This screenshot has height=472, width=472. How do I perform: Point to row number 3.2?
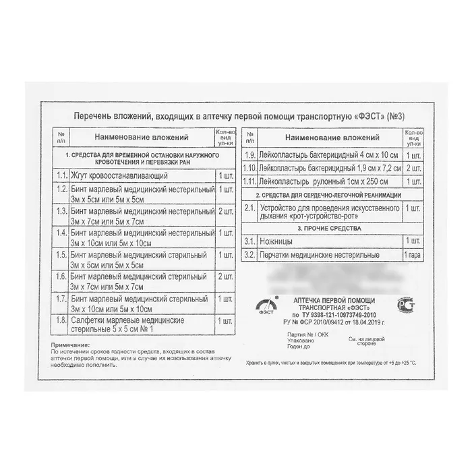[x=249, y=256]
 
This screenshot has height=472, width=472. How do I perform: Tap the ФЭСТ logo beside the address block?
[x=261, y=307]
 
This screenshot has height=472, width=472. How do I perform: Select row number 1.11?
[x=249, y=181]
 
